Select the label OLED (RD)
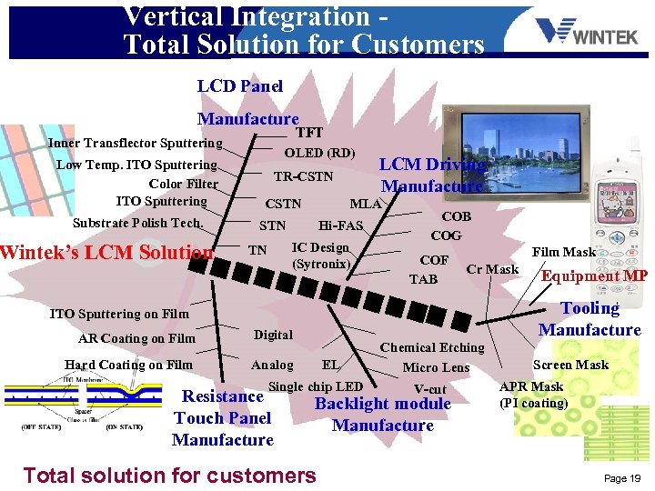[319, 153]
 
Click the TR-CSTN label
[304, 176]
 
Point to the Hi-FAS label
[340, 225]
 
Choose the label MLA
[366, 204]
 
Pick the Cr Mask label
[492, 269]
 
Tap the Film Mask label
[564, 252]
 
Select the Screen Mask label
[570, 365]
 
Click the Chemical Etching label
[432, 346]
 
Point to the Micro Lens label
[436, 367]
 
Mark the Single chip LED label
[316, 386]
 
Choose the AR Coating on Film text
[136, 339]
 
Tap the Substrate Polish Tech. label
[136, 223]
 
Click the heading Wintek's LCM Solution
[107, 252]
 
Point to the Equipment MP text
[594, 276]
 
